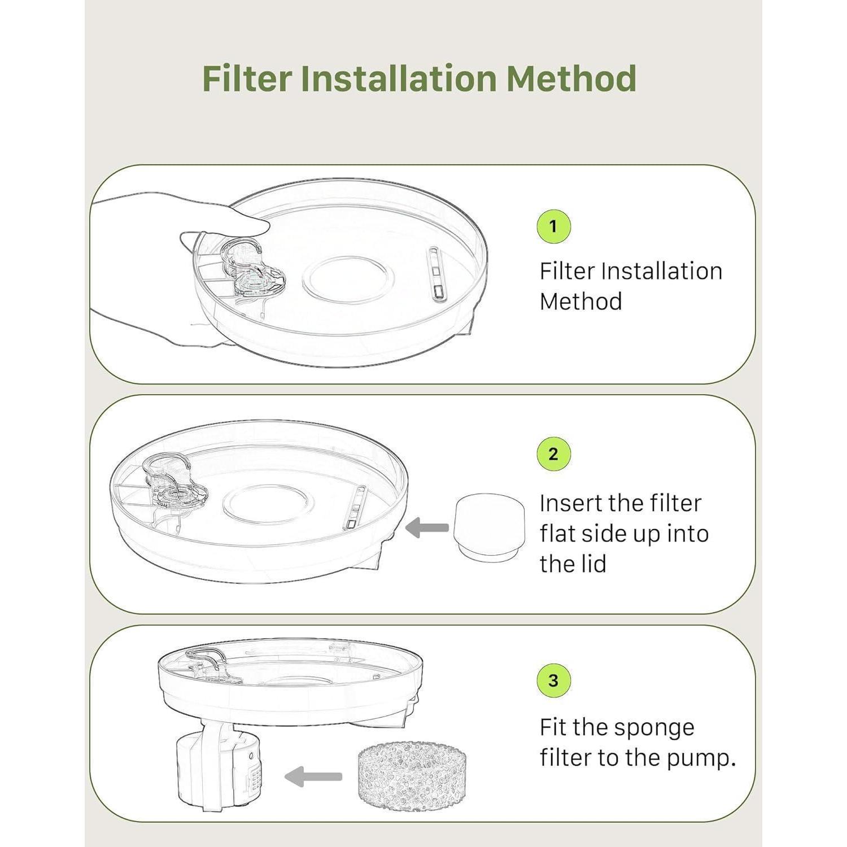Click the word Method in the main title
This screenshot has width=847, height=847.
click(572, 78)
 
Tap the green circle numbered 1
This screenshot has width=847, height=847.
click(553, 226)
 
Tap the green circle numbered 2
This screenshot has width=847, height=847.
click(553, 454)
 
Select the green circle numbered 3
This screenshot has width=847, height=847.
click(553, 680)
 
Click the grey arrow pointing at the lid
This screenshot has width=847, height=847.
click(427, 529)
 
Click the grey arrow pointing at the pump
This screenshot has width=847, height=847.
click(313, 776)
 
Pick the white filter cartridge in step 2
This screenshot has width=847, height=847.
click(490, 527)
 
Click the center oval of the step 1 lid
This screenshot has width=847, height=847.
click(348, 278)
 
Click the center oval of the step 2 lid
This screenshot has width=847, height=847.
click(266, 504)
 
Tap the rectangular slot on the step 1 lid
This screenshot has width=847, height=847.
click(436, 273)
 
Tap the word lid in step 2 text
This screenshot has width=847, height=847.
click(595, 564)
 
